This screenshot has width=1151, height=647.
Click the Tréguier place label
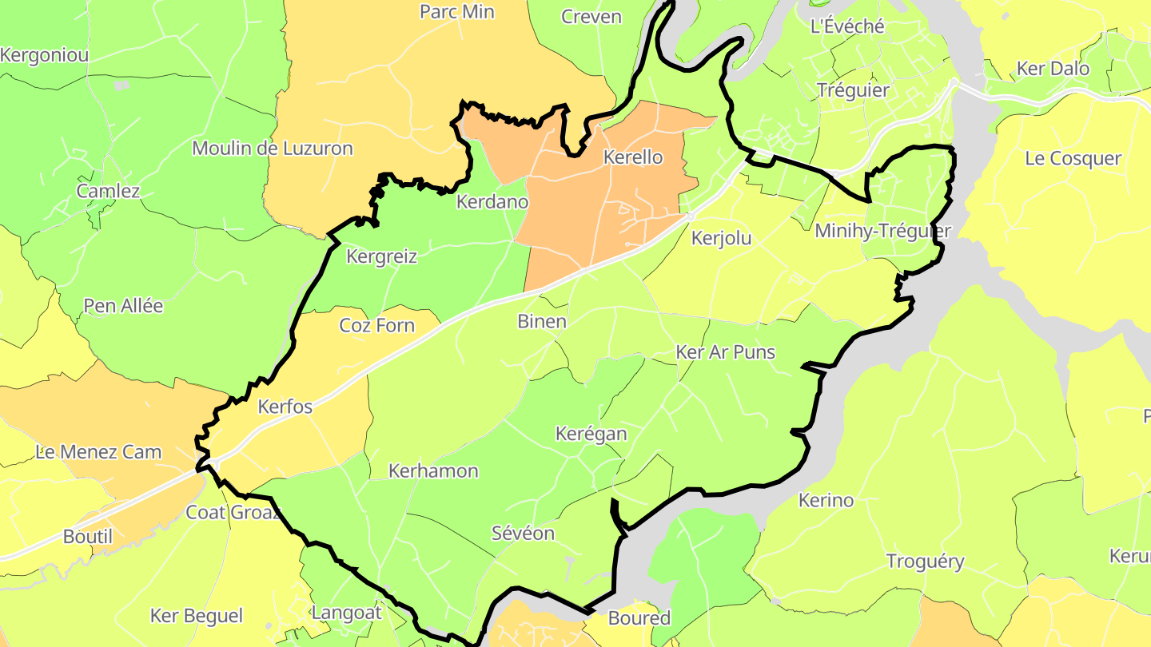[853, 90]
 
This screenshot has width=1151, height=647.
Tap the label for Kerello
[633, 157]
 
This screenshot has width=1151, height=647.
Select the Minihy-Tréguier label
[882, 232]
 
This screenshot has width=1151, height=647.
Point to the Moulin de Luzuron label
[272, 149]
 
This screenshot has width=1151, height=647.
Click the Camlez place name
[108, 191]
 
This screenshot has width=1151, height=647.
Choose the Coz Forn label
[377, 325]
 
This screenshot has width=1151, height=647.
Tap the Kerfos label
[285, 407]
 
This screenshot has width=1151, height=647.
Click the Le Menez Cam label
[98, 452]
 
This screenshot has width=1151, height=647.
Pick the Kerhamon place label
[433, 471]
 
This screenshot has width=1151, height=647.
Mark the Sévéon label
[523, 533]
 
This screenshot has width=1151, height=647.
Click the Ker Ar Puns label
[725, 352]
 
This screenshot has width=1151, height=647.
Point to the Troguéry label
[926, 562]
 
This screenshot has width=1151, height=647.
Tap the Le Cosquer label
[1073, 158]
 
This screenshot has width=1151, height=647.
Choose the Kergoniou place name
[45, 56]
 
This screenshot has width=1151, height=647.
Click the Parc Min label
[457, 12]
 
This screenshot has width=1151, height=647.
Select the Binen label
[542, 322]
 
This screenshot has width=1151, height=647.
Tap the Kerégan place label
[591, 435]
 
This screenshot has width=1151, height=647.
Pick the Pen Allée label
[123, 306]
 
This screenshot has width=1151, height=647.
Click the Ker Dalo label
[1053, 69]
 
